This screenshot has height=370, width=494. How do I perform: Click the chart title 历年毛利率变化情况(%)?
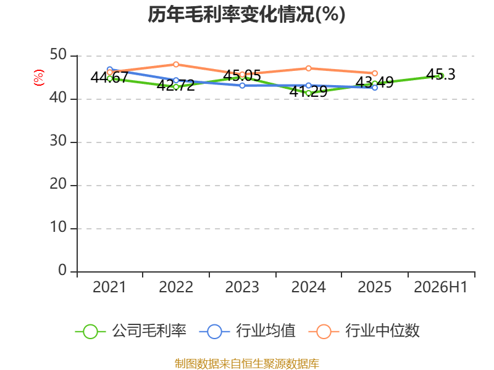tap(246, 14)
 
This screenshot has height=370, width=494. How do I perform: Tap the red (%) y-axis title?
tap(38, 78)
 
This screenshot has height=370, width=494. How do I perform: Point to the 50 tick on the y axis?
tap(58, 55)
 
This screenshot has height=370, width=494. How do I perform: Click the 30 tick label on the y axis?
tap(58, 141)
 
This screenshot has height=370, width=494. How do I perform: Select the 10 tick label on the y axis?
tap(58, 227)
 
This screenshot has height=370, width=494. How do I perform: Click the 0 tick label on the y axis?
tap(62, 270)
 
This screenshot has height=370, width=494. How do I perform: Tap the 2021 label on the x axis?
tap(109, 287)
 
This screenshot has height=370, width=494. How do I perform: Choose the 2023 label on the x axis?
tap(242, 287)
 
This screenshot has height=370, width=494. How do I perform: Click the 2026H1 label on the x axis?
tap(440, 287)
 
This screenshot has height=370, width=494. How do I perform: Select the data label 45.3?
tap(441, 75)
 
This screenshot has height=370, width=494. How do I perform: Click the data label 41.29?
tap(308, 91)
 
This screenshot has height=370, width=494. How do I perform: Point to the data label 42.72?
tap(176, 86)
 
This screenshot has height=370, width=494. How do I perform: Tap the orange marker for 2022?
tap(176, 65)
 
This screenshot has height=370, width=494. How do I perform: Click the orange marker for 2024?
tap(308, 68)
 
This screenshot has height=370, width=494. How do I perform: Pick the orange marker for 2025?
tap(375, 73)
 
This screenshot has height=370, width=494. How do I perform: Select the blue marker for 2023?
tap(242, 86)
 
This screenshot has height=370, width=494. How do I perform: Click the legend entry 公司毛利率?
tap(131, 331)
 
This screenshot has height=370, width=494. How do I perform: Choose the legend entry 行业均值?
tap(248, 331)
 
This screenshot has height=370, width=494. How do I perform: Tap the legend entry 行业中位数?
tap(364, 331)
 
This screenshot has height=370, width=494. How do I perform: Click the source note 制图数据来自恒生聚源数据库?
tap(247, 364)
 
